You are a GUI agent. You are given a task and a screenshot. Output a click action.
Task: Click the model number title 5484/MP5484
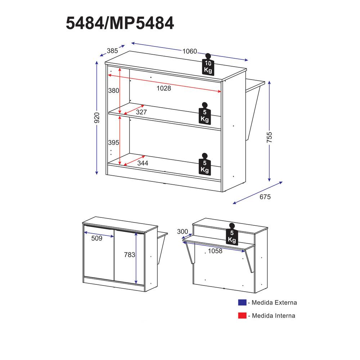[120, 23]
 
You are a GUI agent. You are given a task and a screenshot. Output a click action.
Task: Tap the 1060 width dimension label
[190, 51]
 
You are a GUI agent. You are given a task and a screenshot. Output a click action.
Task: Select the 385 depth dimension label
[112, 51]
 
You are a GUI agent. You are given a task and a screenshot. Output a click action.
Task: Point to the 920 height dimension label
[97, 118]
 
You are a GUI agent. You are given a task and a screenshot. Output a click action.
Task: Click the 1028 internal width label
[164, 88]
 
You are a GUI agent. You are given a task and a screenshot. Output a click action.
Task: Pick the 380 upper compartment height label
[114, 90]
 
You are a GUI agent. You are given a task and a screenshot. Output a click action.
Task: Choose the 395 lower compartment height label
[114, 142]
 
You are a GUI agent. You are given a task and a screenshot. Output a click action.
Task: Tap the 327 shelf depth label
[141, 112]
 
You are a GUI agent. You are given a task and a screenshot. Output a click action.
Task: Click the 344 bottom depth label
[143, 163]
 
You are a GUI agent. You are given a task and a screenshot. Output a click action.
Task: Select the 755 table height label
[269, 137]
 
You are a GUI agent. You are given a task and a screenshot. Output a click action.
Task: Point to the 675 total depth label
[265, 197]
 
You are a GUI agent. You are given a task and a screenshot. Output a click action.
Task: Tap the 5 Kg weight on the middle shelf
[204, 113]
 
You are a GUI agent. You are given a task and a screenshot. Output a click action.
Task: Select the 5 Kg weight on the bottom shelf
[205, 164]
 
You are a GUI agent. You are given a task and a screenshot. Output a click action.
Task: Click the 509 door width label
[96, 238]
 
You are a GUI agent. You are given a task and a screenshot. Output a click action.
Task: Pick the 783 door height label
[130, 255]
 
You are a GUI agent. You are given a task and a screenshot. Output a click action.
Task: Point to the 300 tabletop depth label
[183, 231]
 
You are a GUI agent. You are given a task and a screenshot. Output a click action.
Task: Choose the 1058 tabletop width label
[215, 251]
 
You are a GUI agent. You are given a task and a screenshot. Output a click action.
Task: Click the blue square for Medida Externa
[242, 302]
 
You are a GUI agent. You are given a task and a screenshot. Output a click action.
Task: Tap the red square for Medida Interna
[242, 315]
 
